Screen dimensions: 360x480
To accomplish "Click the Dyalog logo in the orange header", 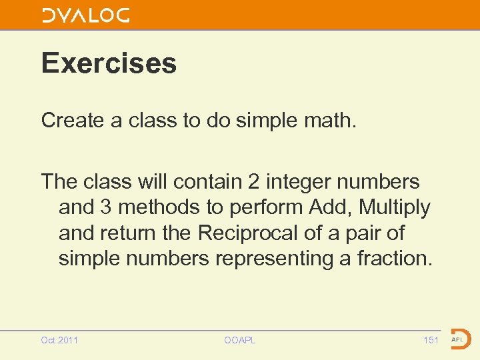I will tap(86, 15).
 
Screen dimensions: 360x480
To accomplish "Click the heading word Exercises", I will tap(109, 63).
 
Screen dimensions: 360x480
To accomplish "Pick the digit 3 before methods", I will tap(106, 207).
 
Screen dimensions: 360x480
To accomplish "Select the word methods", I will tap(159, 207).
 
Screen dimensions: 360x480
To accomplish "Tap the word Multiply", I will tap(395, 207).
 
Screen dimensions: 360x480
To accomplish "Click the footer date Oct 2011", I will tap(59, 341).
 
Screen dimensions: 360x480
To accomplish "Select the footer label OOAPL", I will tap(240, 341).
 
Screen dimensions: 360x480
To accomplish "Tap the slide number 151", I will tap(431, 341).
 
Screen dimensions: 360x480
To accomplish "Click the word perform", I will tap(267, 207).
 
